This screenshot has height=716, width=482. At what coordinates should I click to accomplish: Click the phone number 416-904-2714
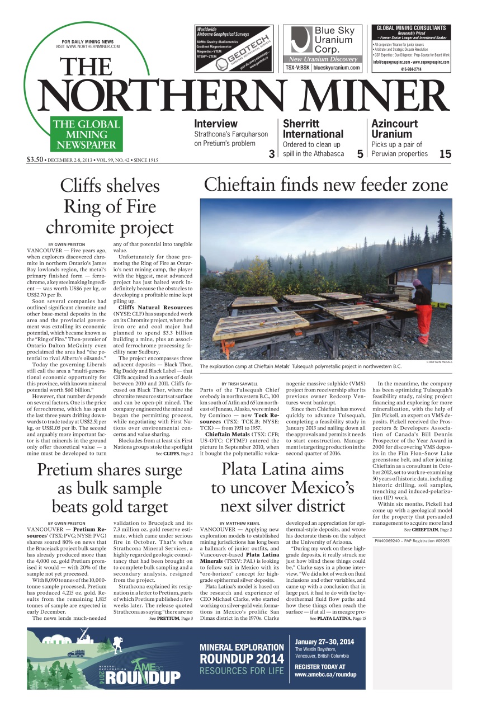pyautogui.click(x=412, y=69)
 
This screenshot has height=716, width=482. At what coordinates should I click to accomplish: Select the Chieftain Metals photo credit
pyautogui.click(x=439, y=362)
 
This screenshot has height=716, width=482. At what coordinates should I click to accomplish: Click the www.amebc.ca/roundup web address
pyautogui.click(x=325, y=675)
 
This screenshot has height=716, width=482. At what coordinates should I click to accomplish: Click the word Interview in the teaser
pyautogui.click(x=216, y=124)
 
